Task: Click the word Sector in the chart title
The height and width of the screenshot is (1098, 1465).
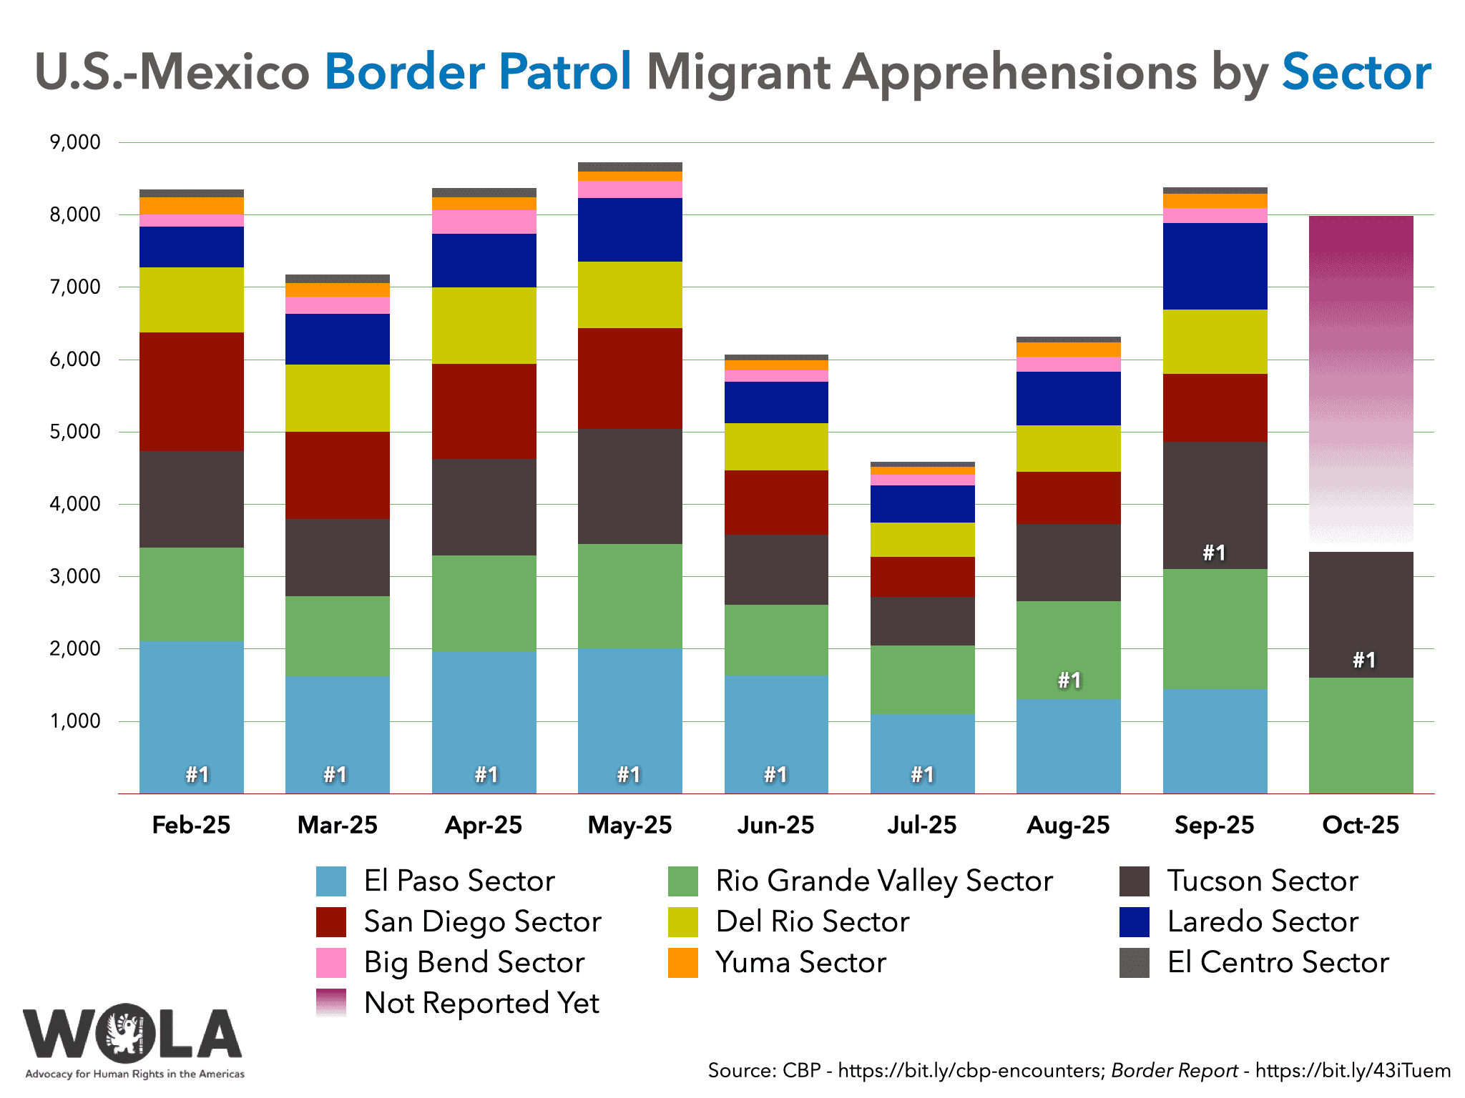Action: [x=1356, y=73]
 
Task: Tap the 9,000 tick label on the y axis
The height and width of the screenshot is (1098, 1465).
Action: [x=75, y=142]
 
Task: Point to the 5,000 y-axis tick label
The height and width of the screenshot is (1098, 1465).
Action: [x=75, y=432]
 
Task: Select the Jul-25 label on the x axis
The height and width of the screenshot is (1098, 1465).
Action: [x=922, y=826]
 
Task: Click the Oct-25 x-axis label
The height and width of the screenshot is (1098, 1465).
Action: [x=1361, y=826]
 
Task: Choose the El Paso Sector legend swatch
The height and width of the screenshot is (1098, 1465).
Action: [x=331, y=881]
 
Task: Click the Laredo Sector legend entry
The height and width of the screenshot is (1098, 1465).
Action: [x=1263, y=922]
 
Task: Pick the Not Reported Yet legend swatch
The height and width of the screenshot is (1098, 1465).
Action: [x=331, y=1003]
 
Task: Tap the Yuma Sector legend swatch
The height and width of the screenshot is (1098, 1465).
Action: [x=683, y=963]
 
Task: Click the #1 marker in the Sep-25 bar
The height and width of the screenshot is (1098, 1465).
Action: [x=1214, y=553]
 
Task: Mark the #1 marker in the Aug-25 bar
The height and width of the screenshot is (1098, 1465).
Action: [x=1069, y=680]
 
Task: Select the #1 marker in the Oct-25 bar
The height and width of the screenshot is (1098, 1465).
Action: [x=1363, y=660]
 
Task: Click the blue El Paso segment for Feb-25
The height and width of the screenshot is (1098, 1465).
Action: [x=192, y=715]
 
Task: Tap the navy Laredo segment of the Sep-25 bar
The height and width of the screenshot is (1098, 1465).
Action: [x=1215, y=266]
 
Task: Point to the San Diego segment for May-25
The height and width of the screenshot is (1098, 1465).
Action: [x=629, y=378]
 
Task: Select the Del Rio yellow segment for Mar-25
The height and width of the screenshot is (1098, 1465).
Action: [x=338, y=398]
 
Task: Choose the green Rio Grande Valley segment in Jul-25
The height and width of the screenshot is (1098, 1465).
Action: [x=922, y=680]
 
